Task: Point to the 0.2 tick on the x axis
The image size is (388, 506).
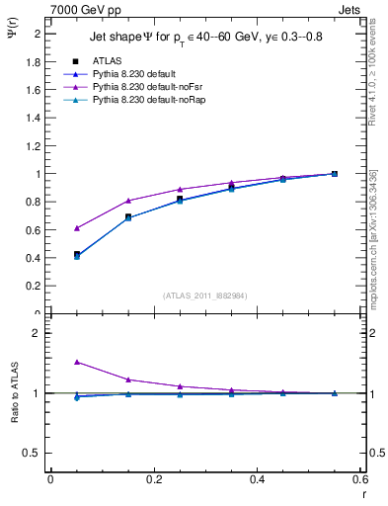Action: point(153,479)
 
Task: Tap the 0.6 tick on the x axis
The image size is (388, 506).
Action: point(360,479)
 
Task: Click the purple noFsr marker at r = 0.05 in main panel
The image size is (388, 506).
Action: point(77,227)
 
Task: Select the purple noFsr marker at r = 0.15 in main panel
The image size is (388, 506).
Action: point(128,201)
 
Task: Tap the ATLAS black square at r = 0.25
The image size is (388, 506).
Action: point(180,199)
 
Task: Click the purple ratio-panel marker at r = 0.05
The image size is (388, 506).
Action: point(77,362)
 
